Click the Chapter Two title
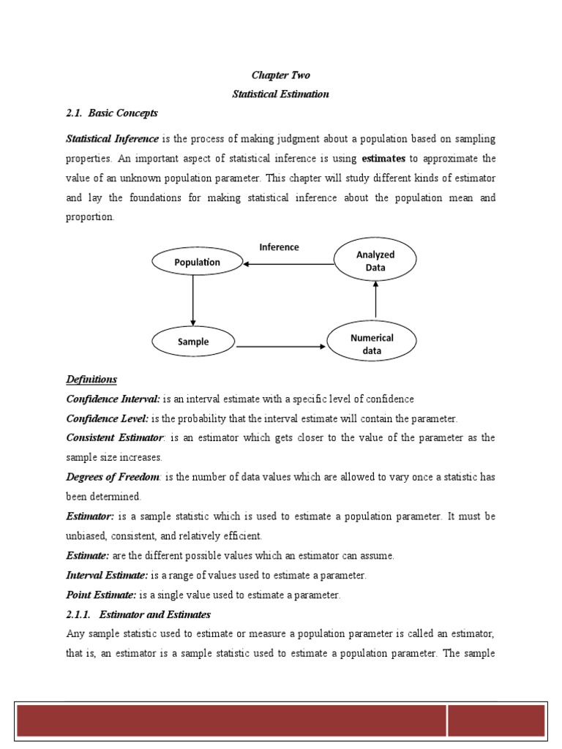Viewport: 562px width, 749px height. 280,75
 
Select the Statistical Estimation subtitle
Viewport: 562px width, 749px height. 280,94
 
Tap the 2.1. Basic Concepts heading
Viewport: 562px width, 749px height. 112,113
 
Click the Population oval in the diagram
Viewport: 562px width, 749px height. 197,262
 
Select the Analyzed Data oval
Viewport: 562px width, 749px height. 375,261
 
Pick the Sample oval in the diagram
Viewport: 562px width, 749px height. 193,342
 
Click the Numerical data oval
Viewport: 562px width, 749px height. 372,344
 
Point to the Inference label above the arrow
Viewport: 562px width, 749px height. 279,247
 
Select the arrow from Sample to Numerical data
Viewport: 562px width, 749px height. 281,345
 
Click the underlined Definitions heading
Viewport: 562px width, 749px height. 91,380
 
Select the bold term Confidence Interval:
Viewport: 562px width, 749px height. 113,399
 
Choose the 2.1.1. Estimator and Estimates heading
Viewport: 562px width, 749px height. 138,614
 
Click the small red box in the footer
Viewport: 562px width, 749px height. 496,720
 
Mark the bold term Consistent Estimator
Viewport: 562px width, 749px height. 117,438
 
